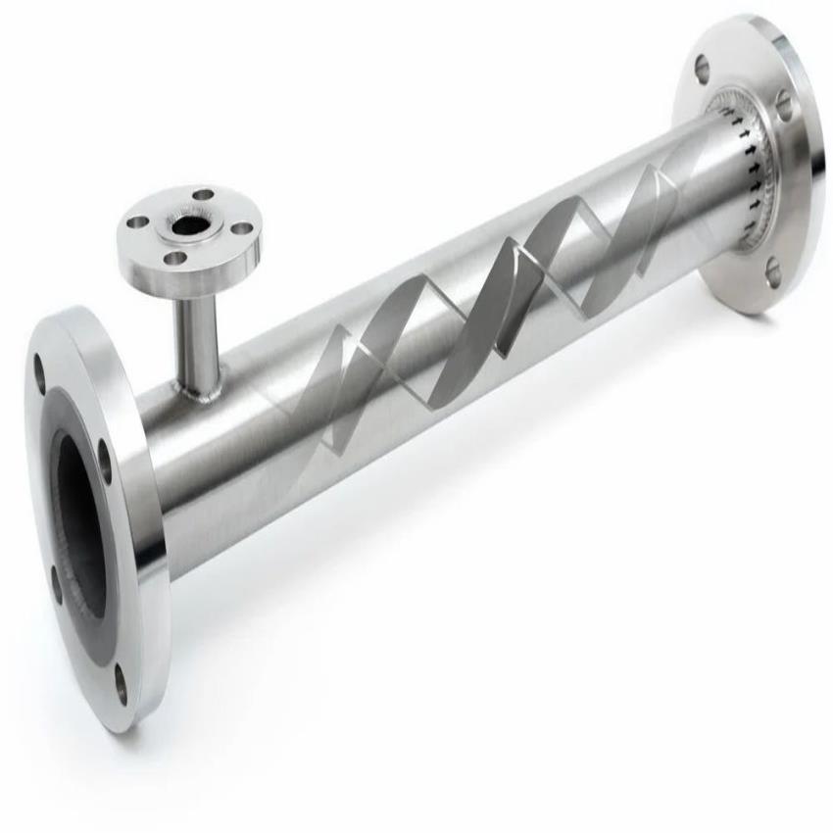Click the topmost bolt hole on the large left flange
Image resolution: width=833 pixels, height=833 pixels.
click(40, 373)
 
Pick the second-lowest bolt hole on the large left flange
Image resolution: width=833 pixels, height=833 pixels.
click(56, 585)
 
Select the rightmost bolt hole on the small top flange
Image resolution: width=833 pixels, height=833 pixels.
click(240, 229)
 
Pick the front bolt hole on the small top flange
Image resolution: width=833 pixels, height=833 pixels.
click(174, 259)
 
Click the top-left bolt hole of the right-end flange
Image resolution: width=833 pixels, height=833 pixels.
click(702, 69)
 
